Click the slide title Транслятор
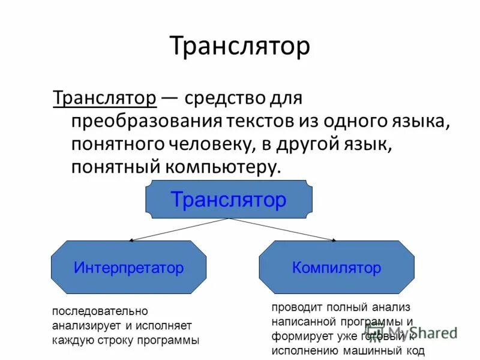click(239, 47)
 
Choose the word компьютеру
click(215, 167)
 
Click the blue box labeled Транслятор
click(229, 199)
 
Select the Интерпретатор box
click(128, 268)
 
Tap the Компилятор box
click(336, 268)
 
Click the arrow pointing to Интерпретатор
click(180, 229)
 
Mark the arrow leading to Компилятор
click(282, 229)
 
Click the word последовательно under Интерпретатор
click(100, 312)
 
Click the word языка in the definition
click(422, 121)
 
